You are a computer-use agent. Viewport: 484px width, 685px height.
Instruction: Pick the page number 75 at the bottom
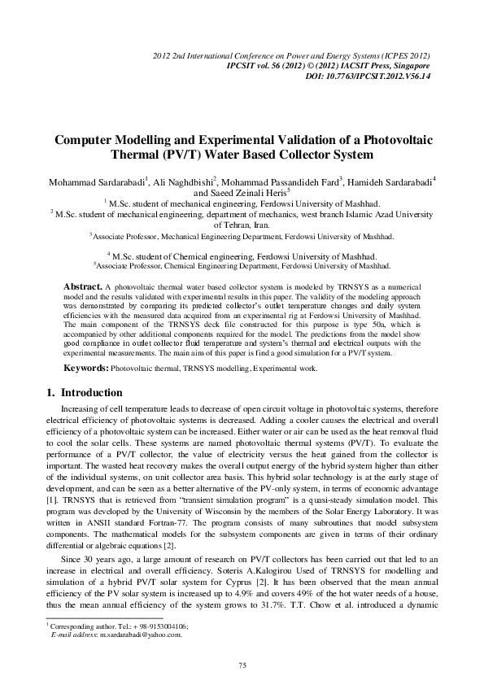242,666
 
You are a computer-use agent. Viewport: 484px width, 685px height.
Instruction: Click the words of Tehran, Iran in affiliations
242,224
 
